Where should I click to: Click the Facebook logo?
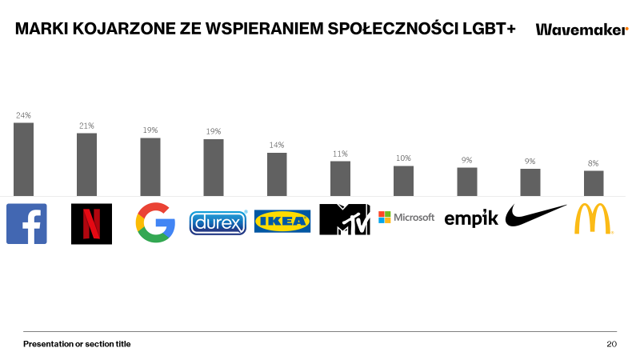26,223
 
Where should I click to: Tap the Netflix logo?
91,223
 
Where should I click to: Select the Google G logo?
155,222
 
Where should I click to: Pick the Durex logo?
218,222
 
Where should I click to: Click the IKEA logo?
282,221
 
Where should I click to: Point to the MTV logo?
345,219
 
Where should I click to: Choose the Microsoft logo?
406,217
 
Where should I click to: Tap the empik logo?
471,218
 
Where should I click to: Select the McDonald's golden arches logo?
594,218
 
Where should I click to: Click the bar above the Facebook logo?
24,158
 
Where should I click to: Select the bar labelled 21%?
86,164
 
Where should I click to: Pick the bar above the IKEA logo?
277,174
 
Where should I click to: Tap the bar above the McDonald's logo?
594,182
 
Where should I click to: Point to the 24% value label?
23,115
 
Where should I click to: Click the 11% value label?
340,154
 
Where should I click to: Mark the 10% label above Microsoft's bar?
403,158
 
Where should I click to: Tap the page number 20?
611,344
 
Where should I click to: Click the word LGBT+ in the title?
487,30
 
